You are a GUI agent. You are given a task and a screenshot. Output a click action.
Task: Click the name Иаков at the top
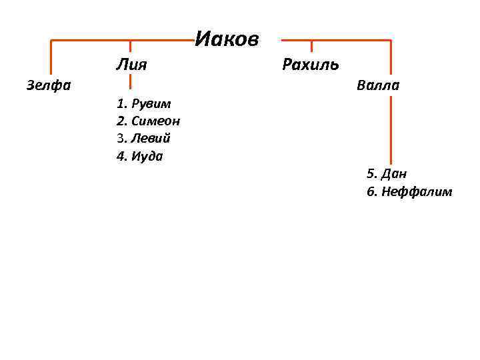[227, 39]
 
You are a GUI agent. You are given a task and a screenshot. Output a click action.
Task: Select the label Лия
[131, 65]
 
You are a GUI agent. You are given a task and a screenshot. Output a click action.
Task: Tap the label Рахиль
[311, 65]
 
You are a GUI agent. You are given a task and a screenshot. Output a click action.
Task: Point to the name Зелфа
[49, 85]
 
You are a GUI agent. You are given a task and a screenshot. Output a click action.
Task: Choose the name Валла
[378, 85]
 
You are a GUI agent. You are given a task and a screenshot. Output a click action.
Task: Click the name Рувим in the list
[151, 104]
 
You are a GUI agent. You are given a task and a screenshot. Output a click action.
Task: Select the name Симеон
[156, 121]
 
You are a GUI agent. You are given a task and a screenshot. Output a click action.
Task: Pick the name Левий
[151, 139]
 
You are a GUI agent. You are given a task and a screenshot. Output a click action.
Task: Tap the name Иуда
[147, 157]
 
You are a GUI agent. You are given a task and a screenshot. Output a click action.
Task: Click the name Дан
[395, 174]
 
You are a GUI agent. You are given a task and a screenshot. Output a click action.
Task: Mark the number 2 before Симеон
[121, 121]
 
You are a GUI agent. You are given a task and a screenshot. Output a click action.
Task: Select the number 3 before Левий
[121, 139]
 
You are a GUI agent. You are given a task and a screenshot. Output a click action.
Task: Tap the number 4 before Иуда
[121, 157]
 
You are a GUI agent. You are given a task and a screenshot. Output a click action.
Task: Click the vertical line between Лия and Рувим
[130, 81]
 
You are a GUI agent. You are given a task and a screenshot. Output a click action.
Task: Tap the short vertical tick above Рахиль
[311, 46]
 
